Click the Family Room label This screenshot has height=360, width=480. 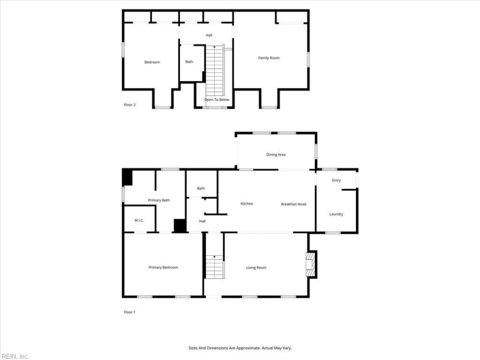pyautogui.click(x=269, y=58)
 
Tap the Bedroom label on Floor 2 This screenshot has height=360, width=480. pyautogui.click(x=152, y=62)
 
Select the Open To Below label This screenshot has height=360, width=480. pyautogui.click(x=217, y=100)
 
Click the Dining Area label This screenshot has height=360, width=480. pyautogui.click(x=276, y=155)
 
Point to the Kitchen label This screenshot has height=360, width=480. pyautogui.click(x=247, y=203)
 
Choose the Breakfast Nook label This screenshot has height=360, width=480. pyautogui.click(x=293, y=204)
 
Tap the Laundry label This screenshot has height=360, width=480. pyautogui.click(x=336, y=214)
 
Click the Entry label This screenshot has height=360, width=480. pyautogui.click(x=337, y=181)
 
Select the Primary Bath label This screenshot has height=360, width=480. pyautogui.click(x=159, y=200)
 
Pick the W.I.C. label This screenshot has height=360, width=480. pyautogui.click(x=139, y=220)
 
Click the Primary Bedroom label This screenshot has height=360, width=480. pyautogui.click(x=163, y=268)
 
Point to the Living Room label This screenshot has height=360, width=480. pyautogui.click(x=256, y=268)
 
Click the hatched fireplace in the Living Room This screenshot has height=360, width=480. pyautogui.click(x=311, y=265)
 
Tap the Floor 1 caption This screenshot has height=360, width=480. pyautogui.click(x=130, y=312)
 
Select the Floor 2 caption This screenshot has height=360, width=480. pyautogui.click(x=130, y=104)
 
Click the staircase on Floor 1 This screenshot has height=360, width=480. pyautogui.click(x=215, y=266)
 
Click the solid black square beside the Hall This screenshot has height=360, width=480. pyautogui.click(x=180, y=226)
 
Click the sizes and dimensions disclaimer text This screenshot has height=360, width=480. pyautogui.click(x=240, y=348)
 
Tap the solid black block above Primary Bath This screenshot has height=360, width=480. pyautogui.click(x=127, y=178)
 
